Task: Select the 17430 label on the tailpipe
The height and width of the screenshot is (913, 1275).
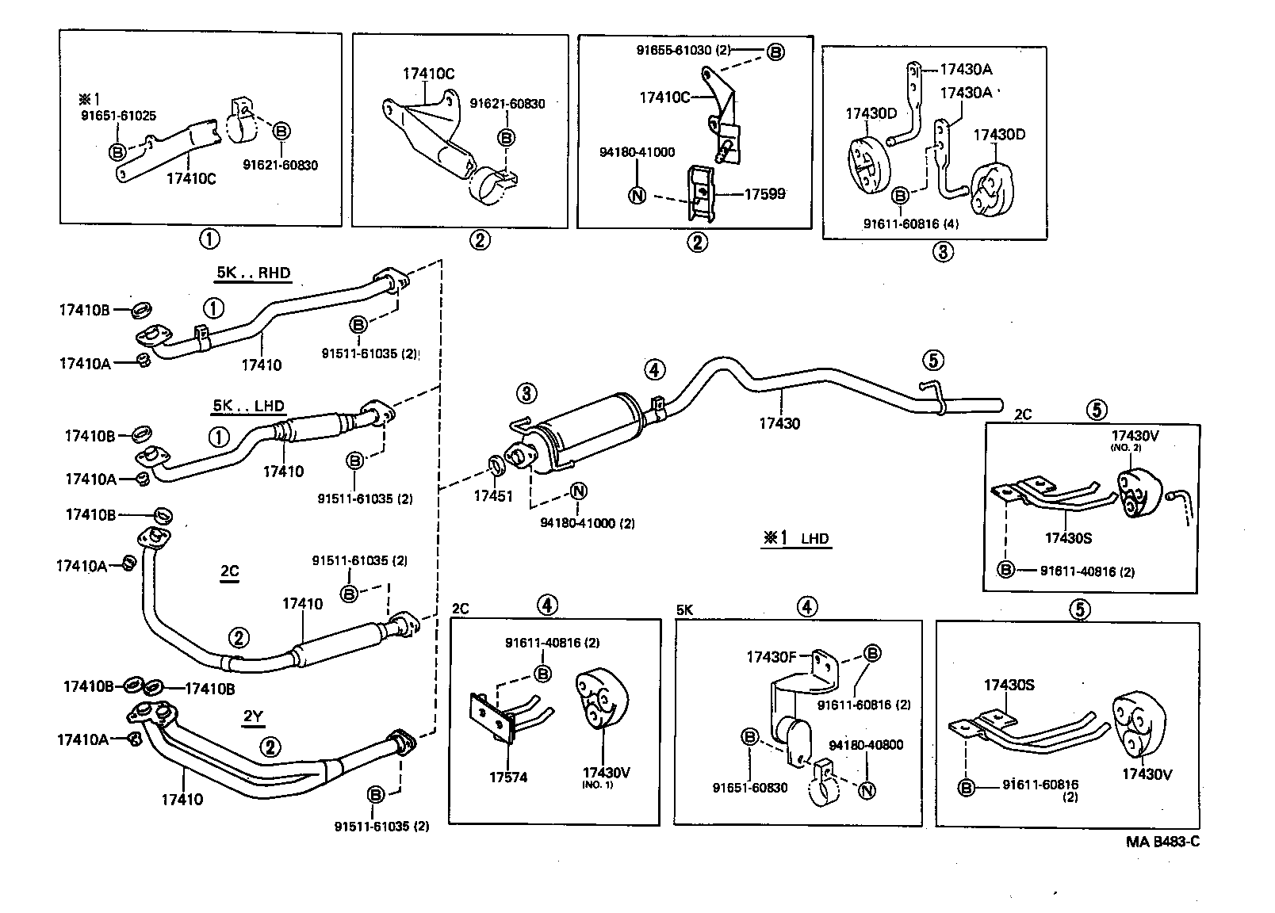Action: [x=779, y=423]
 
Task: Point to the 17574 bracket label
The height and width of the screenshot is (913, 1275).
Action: [x=507, y=777]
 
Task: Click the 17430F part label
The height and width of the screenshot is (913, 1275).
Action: [x=770, y=656]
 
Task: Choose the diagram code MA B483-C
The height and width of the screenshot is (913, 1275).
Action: [x=1162, y=841]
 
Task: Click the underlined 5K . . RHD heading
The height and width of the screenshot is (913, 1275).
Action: [x=253, y=273]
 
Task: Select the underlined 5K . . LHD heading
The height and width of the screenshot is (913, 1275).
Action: [x=248, y=407]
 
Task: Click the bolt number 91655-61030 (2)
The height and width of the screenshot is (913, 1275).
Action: [x=683, y=50]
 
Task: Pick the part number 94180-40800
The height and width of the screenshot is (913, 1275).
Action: [x=866, y=745]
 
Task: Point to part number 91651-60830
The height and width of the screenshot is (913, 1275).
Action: [x=749, y=788]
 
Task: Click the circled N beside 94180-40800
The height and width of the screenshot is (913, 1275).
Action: [x=867, y=790]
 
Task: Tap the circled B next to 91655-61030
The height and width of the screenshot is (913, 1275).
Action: [x=775, y=52]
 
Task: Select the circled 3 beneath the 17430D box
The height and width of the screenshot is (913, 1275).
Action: [x=941, y=252]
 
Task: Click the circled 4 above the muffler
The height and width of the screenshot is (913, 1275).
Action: [x=654, y=369]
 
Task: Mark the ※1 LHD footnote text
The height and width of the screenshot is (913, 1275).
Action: [x=796, y=538]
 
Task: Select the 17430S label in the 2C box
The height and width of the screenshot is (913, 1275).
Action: [x=1067, y=538]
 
